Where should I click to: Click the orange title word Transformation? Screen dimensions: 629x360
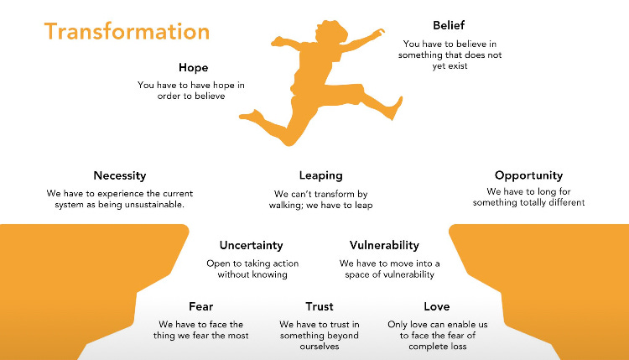coord(127,32)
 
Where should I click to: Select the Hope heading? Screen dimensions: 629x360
coord(193,67)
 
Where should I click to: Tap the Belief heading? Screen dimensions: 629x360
coord(449,25)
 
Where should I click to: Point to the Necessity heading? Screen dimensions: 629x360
coord(120,175)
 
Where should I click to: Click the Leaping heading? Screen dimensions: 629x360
coord(321,175)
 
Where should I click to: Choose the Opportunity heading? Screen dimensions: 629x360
coord(528,175)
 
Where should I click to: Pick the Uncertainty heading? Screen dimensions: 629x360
coord(252,245)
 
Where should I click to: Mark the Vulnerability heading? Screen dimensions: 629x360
coord(384,245)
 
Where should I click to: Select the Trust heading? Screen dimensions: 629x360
coord(319,306)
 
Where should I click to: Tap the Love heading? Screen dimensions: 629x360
coord(436,306)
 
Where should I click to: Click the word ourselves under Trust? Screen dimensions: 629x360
coord(319,347)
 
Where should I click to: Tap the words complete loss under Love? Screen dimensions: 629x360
coord(436,347)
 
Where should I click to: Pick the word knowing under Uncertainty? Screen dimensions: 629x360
coord(271,274)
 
